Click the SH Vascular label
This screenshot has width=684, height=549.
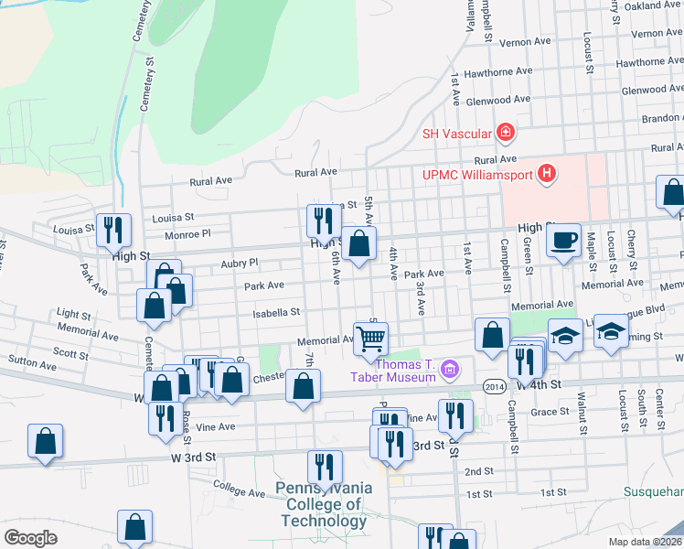(455, 134)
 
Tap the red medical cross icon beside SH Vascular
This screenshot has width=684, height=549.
(504, 134)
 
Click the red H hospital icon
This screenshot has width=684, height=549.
(547, 173)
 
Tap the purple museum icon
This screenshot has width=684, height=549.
(448, 370)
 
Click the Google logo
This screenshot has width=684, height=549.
(30, 538)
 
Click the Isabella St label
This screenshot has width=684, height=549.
(277, 313)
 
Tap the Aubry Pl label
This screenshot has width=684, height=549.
(240, 263)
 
